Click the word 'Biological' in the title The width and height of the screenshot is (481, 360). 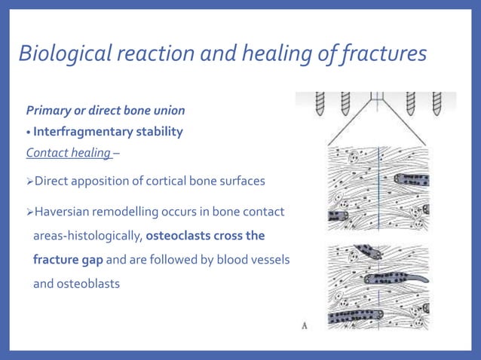(x=62, y=54)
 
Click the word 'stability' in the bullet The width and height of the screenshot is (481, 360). (x=159, y=132)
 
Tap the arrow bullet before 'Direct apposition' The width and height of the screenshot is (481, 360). (x=29, y=182)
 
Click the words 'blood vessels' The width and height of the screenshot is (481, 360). (x=252, y=260)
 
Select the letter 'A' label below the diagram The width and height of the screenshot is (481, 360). (x=304, y=325)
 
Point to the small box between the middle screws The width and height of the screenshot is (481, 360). (x=378, y=97)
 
